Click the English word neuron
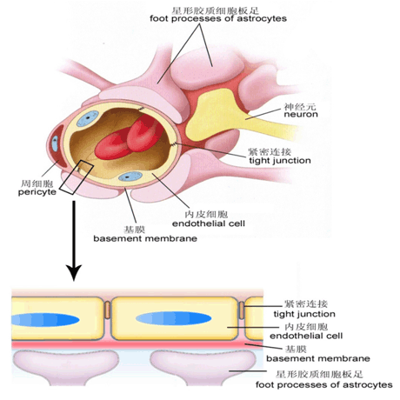pyautogui.click(x=301, y=114)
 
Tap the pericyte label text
pyautogui.click(x=37, y=192)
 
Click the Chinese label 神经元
pyautogui.click(x=300, y=106)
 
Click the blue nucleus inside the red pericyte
pyautogui.click(x=55, y=143)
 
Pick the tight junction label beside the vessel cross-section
pyautogui.click(x=280, y=160)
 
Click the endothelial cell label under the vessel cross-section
pyautogui.click(x=209, y=223)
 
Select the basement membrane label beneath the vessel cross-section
pyautogui.click(x=145, y=238)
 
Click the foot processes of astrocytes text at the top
pyautogui.click(x=218, y=18)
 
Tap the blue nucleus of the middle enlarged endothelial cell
pyautogui.click(x=174, y=319)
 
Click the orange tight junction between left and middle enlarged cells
pyautogui.click(x=107, y=310)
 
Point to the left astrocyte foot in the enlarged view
pyautogui.click(x=65, y=367)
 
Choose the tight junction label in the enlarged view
pyautogui.click(x=304, y=314)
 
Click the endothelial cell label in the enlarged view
pyautogui.click(x=306, y=336)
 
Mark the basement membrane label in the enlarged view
pyautogui.click(x=318, y=358)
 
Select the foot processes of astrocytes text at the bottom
pyautogui.click(x=324, y=385)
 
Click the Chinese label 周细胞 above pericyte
pyautogui.click(x=37, y=183)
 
